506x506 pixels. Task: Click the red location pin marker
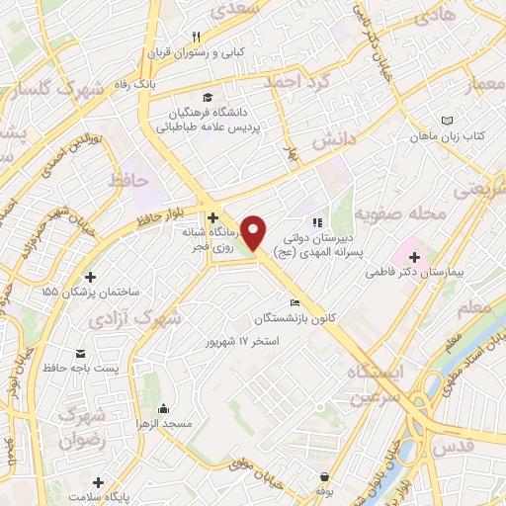(255, 232)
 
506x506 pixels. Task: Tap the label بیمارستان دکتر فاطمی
(414, 271)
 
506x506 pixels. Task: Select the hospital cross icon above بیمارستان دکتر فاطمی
(415, 257)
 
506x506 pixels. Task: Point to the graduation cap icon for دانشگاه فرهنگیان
(209, 98)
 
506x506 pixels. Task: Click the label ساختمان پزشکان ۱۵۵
(90, 293)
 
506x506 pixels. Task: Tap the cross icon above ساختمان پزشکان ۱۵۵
(91, 278)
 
